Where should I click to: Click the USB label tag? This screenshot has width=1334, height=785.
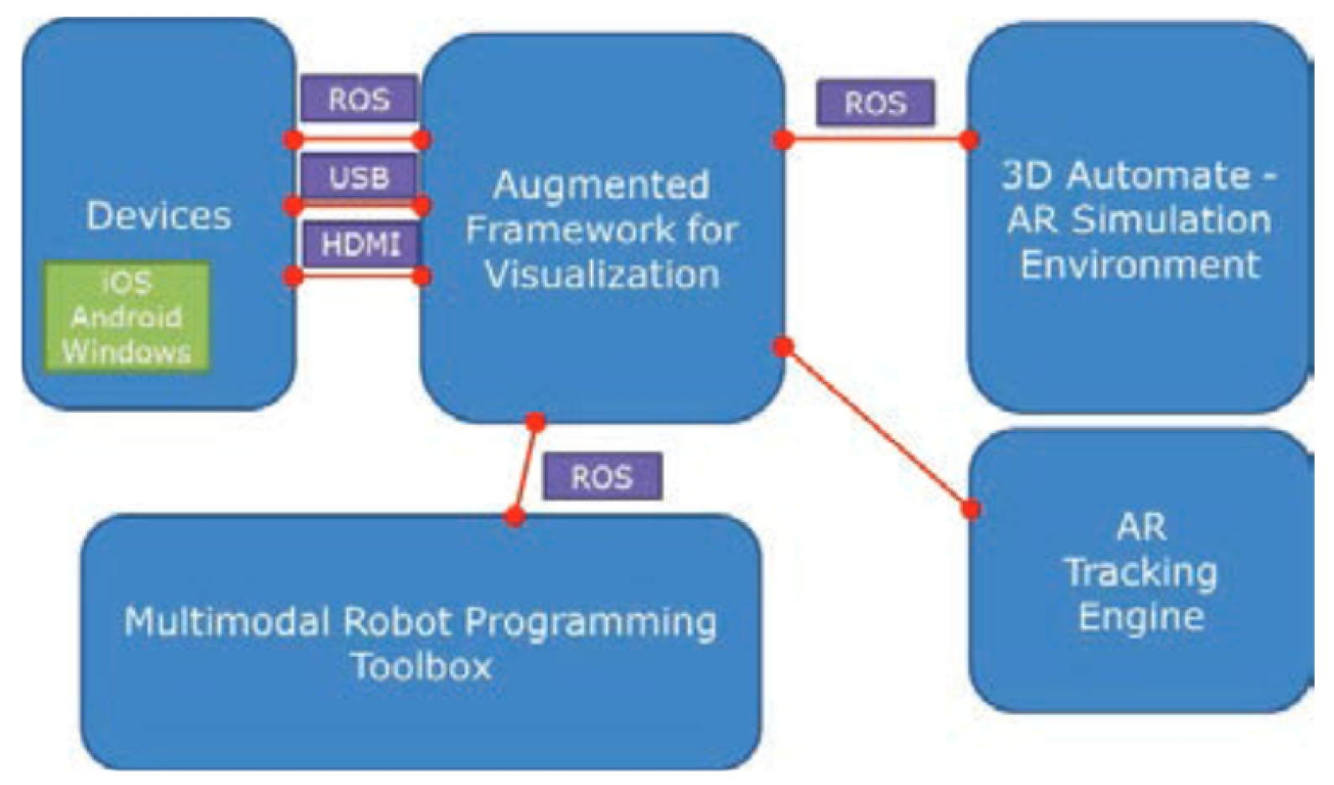(359, 177)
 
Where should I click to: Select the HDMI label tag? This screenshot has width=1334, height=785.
(361, 245)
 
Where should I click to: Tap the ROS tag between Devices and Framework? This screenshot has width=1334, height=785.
(359, 99)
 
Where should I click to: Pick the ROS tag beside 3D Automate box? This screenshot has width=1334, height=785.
(875, 103)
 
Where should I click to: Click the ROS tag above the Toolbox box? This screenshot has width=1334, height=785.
(602, 477)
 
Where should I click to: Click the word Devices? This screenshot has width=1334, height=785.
(158, 215)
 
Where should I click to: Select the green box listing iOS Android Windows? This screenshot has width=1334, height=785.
(127, 316)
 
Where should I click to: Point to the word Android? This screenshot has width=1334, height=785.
(127, 317)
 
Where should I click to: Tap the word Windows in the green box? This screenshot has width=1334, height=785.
(127, 351)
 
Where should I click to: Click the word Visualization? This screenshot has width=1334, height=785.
(602, 274)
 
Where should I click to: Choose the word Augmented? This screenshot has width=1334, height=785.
(601, 184)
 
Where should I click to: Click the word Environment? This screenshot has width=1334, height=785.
(1140, 265)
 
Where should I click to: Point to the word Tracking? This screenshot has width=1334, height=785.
(1140, 572)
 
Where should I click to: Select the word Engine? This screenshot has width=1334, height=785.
(1140, 617)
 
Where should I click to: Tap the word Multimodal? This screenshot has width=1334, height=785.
(226, 622)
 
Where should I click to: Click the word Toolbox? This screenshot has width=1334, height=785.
(421, 667)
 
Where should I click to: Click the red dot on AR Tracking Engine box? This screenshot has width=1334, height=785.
(971, 509)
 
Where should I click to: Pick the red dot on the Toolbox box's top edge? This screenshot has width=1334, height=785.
(515, 517)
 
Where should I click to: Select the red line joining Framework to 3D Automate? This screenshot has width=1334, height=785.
(876, 139)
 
